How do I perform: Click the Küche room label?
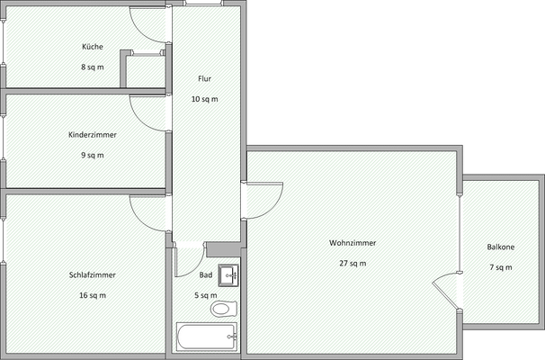click(93, 46)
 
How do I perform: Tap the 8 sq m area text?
click(93, 67)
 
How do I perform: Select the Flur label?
click(205, 79)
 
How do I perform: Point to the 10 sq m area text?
click(205, 99)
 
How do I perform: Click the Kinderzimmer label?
click(93, 134)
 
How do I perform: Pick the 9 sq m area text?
click(93, 155)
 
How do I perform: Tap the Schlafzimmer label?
click(93, 274)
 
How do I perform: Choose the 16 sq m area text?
click(93, 295)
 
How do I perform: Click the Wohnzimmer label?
click(353, 243)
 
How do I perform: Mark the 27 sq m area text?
click(353, 264)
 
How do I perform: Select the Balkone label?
click(501, 247)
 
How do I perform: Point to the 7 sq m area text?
click(501, 267)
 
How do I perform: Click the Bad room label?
click(206, 274)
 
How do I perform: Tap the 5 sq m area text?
click(206, 295)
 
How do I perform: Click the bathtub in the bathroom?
click(206, 337)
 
